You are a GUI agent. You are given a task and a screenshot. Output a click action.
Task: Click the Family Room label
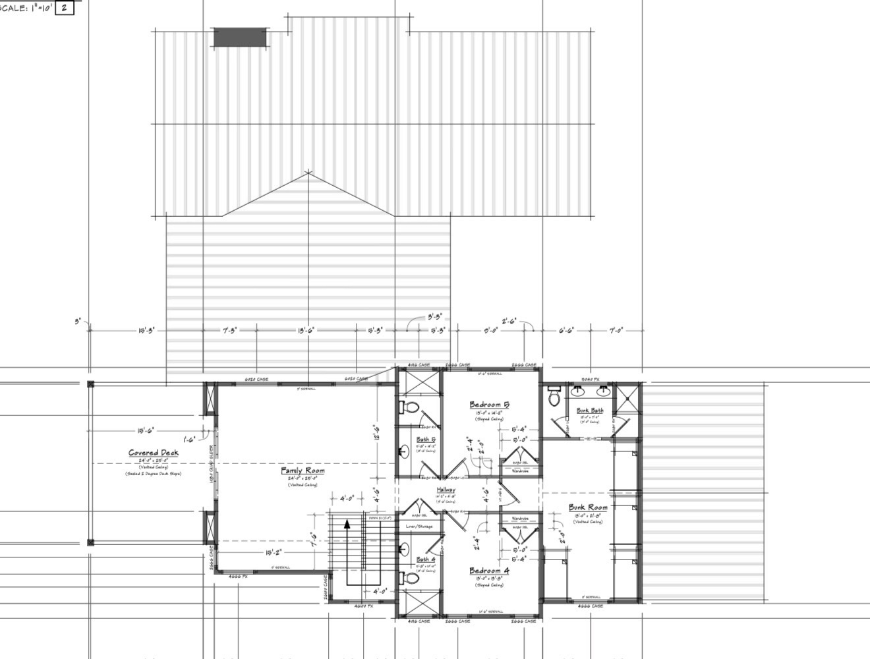303,471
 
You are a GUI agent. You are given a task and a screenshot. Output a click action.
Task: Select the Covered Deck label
153,453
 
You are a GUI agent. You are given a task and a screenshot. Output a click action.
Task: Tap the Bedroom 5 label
489,405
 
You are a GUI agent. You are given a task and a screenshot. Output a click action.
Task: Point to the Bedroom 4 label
489,571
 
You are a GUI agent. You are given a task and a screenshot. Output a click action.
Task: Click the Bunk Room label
588,507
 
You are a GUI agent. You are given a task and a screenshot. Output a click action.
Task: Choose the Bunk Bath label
590,411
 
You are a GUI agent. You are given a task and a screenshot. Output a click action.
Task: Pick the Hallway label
446,490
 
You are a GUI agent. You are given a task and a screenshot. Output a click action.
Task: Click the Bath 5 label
425,440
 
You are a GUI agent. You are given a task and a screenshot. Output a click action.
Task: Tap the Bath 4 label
425,559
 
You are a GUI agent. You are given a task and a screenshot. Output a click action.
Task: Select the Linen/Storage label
419,527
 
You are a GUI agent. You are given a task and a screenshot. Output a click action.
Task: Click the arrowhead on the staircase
347,525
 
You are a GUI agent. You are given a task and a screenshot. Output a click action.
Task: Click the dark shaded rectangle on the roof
240,37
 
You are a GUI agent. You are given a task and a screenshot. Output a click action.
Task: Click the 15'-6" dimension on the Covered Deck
146,431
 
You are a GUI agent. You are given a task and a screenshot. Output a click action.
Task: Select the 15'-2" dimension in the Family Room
274,552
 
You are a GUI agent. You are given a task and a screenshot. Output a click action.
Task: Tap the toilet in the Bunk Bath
554,397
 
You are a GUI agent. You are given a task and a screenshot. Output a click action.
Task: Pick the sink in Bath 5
404,451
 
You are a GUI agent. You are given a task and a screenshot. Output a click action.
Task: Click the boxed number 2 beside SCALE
64,8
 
